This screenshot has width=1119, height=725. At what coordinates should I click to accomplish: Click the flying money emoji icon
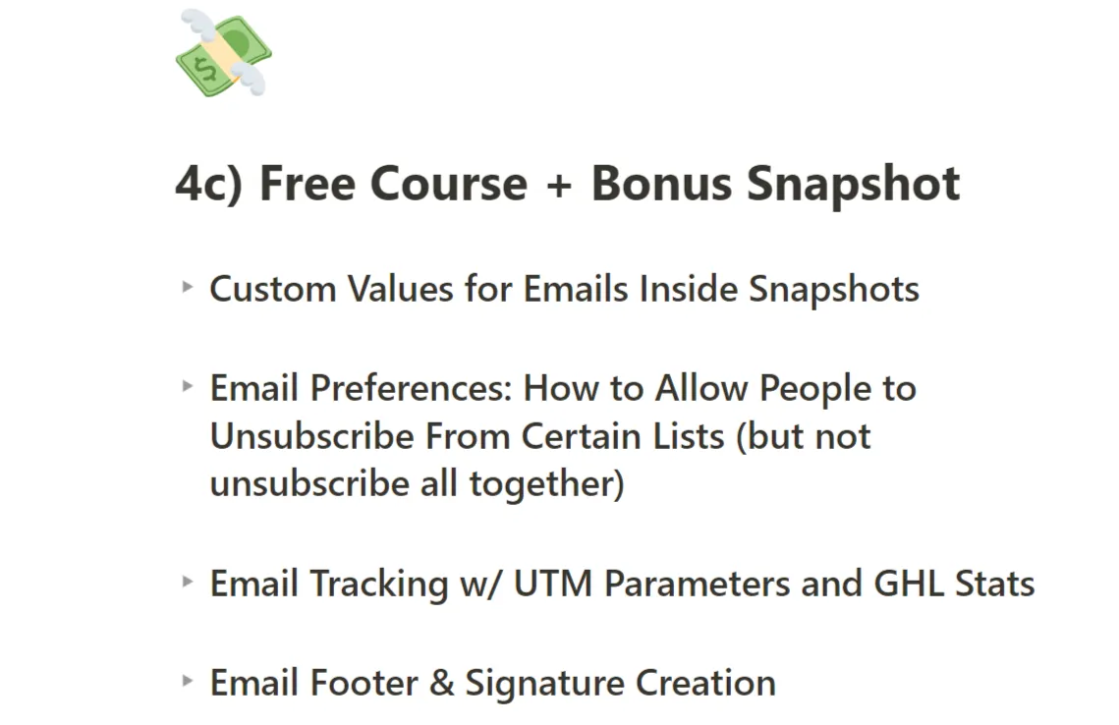(x=223, y=53)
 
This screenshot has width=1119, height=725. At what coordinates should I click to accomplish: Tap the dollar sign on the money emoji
(x=206, y=70)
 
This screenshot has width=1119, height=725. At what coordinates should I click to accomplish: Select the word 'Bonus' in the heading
(x=661, y=184)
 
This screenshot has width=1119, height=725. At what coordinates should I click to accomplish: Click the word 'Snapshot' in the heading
(x=853, y=185)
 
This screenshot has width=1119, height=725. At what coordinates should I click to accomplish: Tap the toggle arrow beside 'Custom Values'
(x=188, y=287)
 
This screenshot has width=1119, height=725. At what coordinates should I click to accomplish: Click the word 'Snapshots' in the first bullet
(x=833, y=290)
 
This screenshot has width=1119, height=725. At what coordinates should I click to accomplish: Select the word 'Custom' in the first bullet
(x=272, y=290)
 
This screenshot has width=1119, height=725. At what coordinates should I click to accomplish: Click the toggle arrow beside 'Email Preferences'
(x=188, y=386)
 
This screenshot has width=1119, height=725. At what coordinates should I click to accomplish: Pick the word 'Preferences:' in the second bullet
(x=411, y=389)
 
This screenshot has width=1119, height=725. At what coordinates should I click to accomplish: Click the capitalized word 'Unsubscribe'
(x=311, y=436)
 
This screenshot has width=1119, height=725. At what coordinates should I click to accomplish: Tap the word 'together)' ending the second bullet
(x=546, y=483)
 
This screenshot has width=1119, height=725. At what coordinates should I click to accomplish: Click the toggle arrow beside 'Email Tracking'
(x=188, y=581)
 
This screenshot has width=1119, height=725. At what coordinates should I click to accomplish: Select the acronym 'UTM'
(x=553, y=584)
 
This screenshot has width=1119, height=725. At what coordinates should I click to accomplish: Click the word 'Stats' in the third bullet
(x=995, y=584)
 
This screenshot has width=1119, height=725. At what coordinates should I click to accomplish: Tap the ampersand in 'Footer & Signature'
(x=442, y=683)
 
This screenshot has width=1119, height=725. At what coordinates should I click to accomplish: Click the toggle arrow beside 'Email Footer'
(x=188, y=680)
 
